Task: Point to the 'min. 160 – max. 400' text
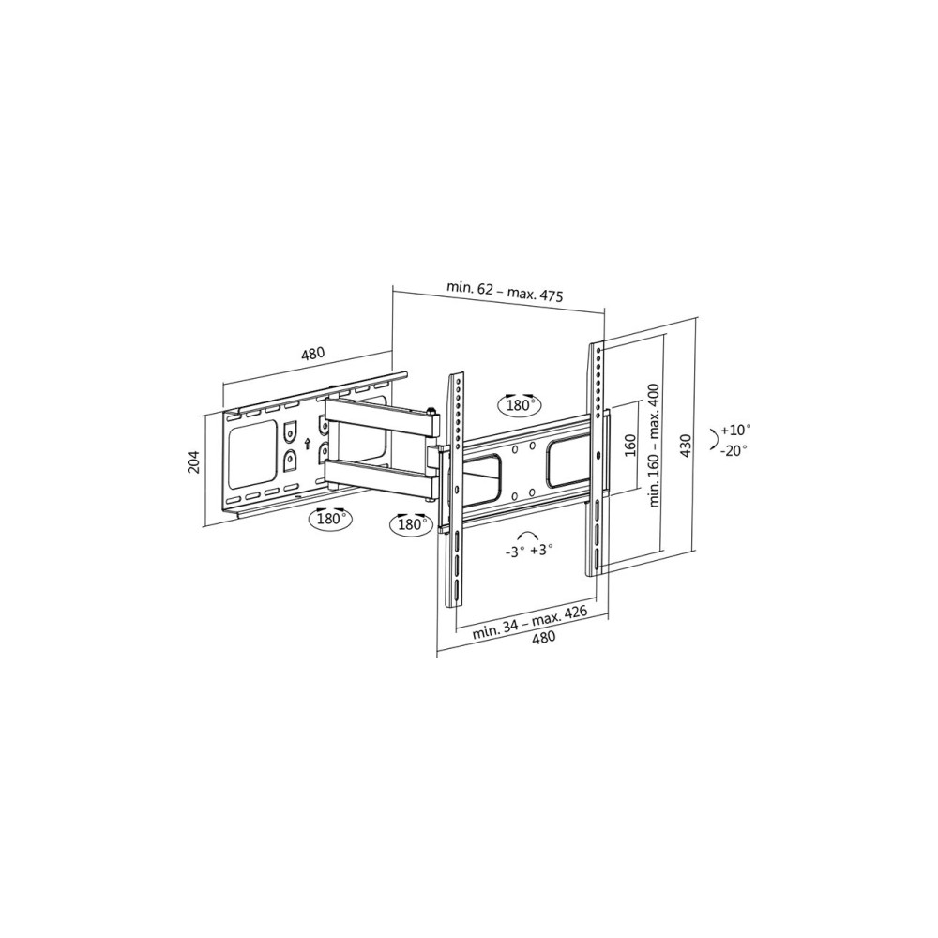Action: click(654, 445)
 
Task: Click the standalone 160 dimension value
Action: click(630, 445)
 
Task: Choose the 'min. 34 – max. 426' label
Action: click(530, 622)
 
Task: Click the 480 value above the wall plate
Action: click(312, 355)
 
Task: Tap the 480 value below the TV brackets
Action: click(543, 638)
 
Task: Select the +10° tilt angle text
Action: click(735, 430)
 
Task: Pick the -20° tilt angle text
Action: click(734, 451)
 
